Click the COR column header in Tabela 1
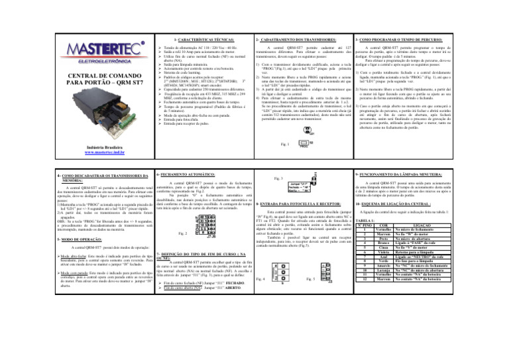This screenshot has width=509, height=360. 396,226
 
